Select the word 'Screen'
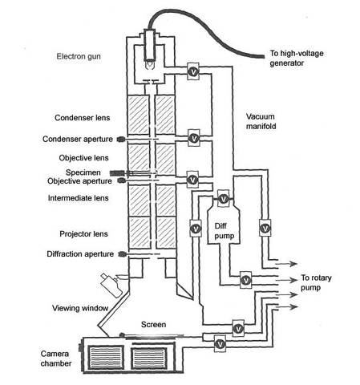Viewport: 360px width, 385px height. point(152,325)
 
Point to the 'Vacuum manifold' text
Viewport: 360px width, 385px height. point(264,120)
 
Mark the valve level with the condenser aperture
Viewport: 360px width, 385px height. point(192,138)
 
